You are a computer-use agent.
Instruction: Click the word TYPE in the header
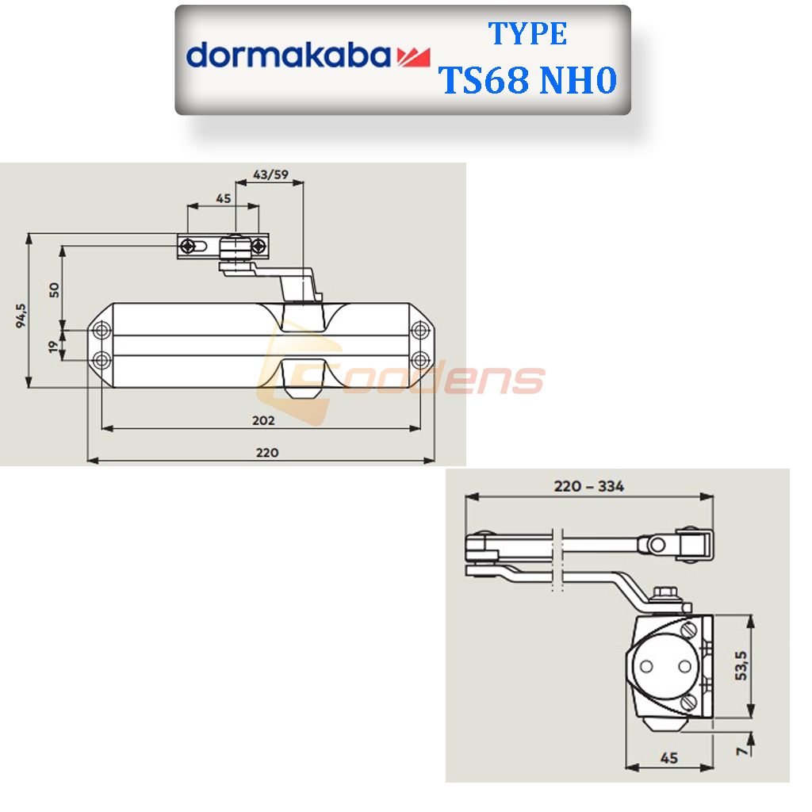pos(527,34)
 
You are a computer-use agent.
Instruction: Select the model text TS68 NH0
pos(528,80)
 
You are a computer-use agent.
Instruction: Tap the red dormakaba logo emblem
pos(412,56)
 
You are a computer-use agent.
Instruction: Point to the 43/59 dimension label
pos(270,174)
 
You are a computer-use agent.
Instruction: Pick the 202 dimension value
pos(263,419)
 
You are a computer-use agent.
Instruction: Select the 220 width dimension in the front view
pos(266,452)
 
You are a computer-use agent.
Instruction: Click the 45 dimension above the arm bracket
pos(223,198)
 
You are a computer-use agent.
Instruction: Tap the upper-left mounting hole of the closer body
pos(101,329)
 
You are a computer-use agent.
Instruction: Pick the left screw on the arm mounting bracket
pos(187,246)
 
